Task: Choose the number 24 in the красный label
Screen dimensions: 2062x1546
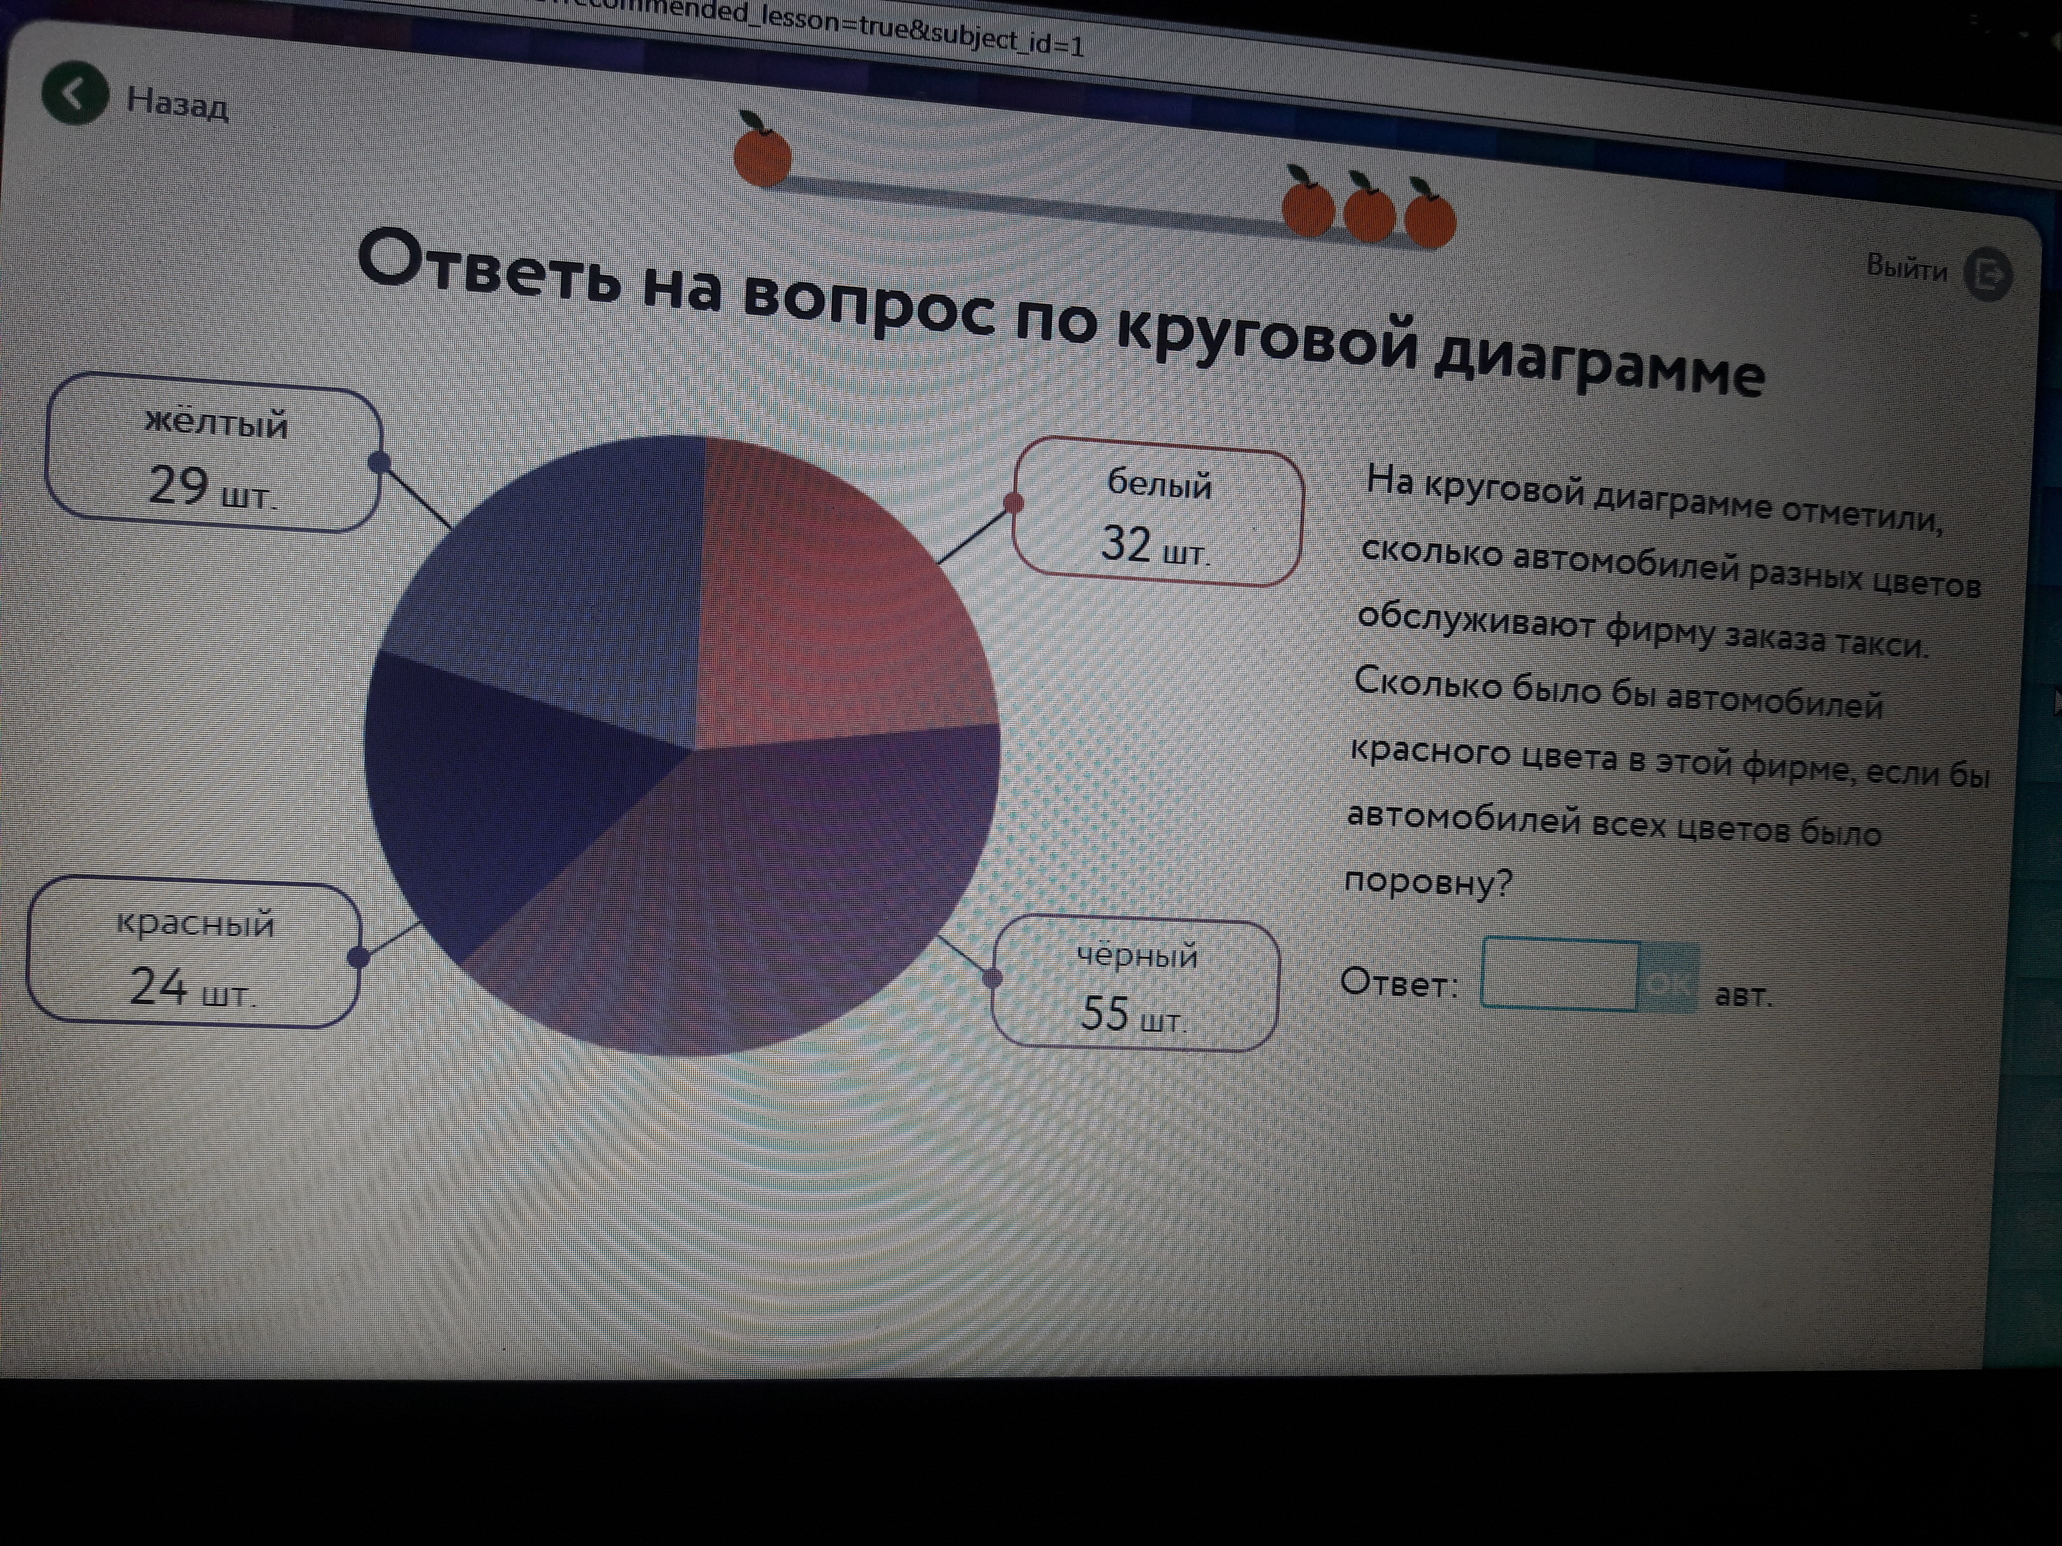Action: coord(158,986)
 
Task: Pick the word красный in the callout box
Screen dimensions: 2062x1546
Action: coord(196,923)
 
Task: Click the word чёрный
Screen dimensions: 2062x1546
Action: coord(1137,955)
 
